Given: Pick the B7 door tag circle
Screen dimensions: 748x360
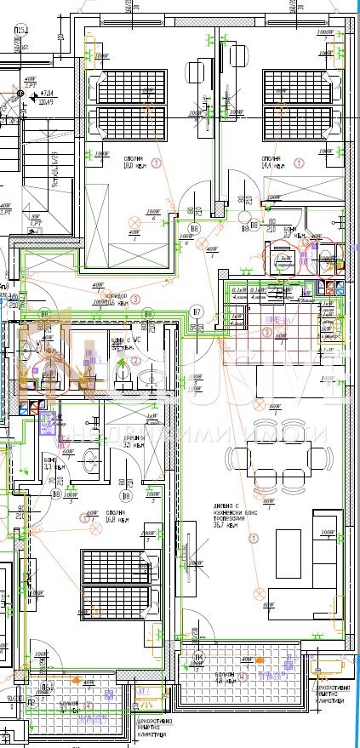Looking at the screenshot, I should coord(197,311).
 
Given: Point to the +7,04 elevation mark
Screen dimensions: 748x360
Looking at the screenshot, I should coord(49,93).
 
